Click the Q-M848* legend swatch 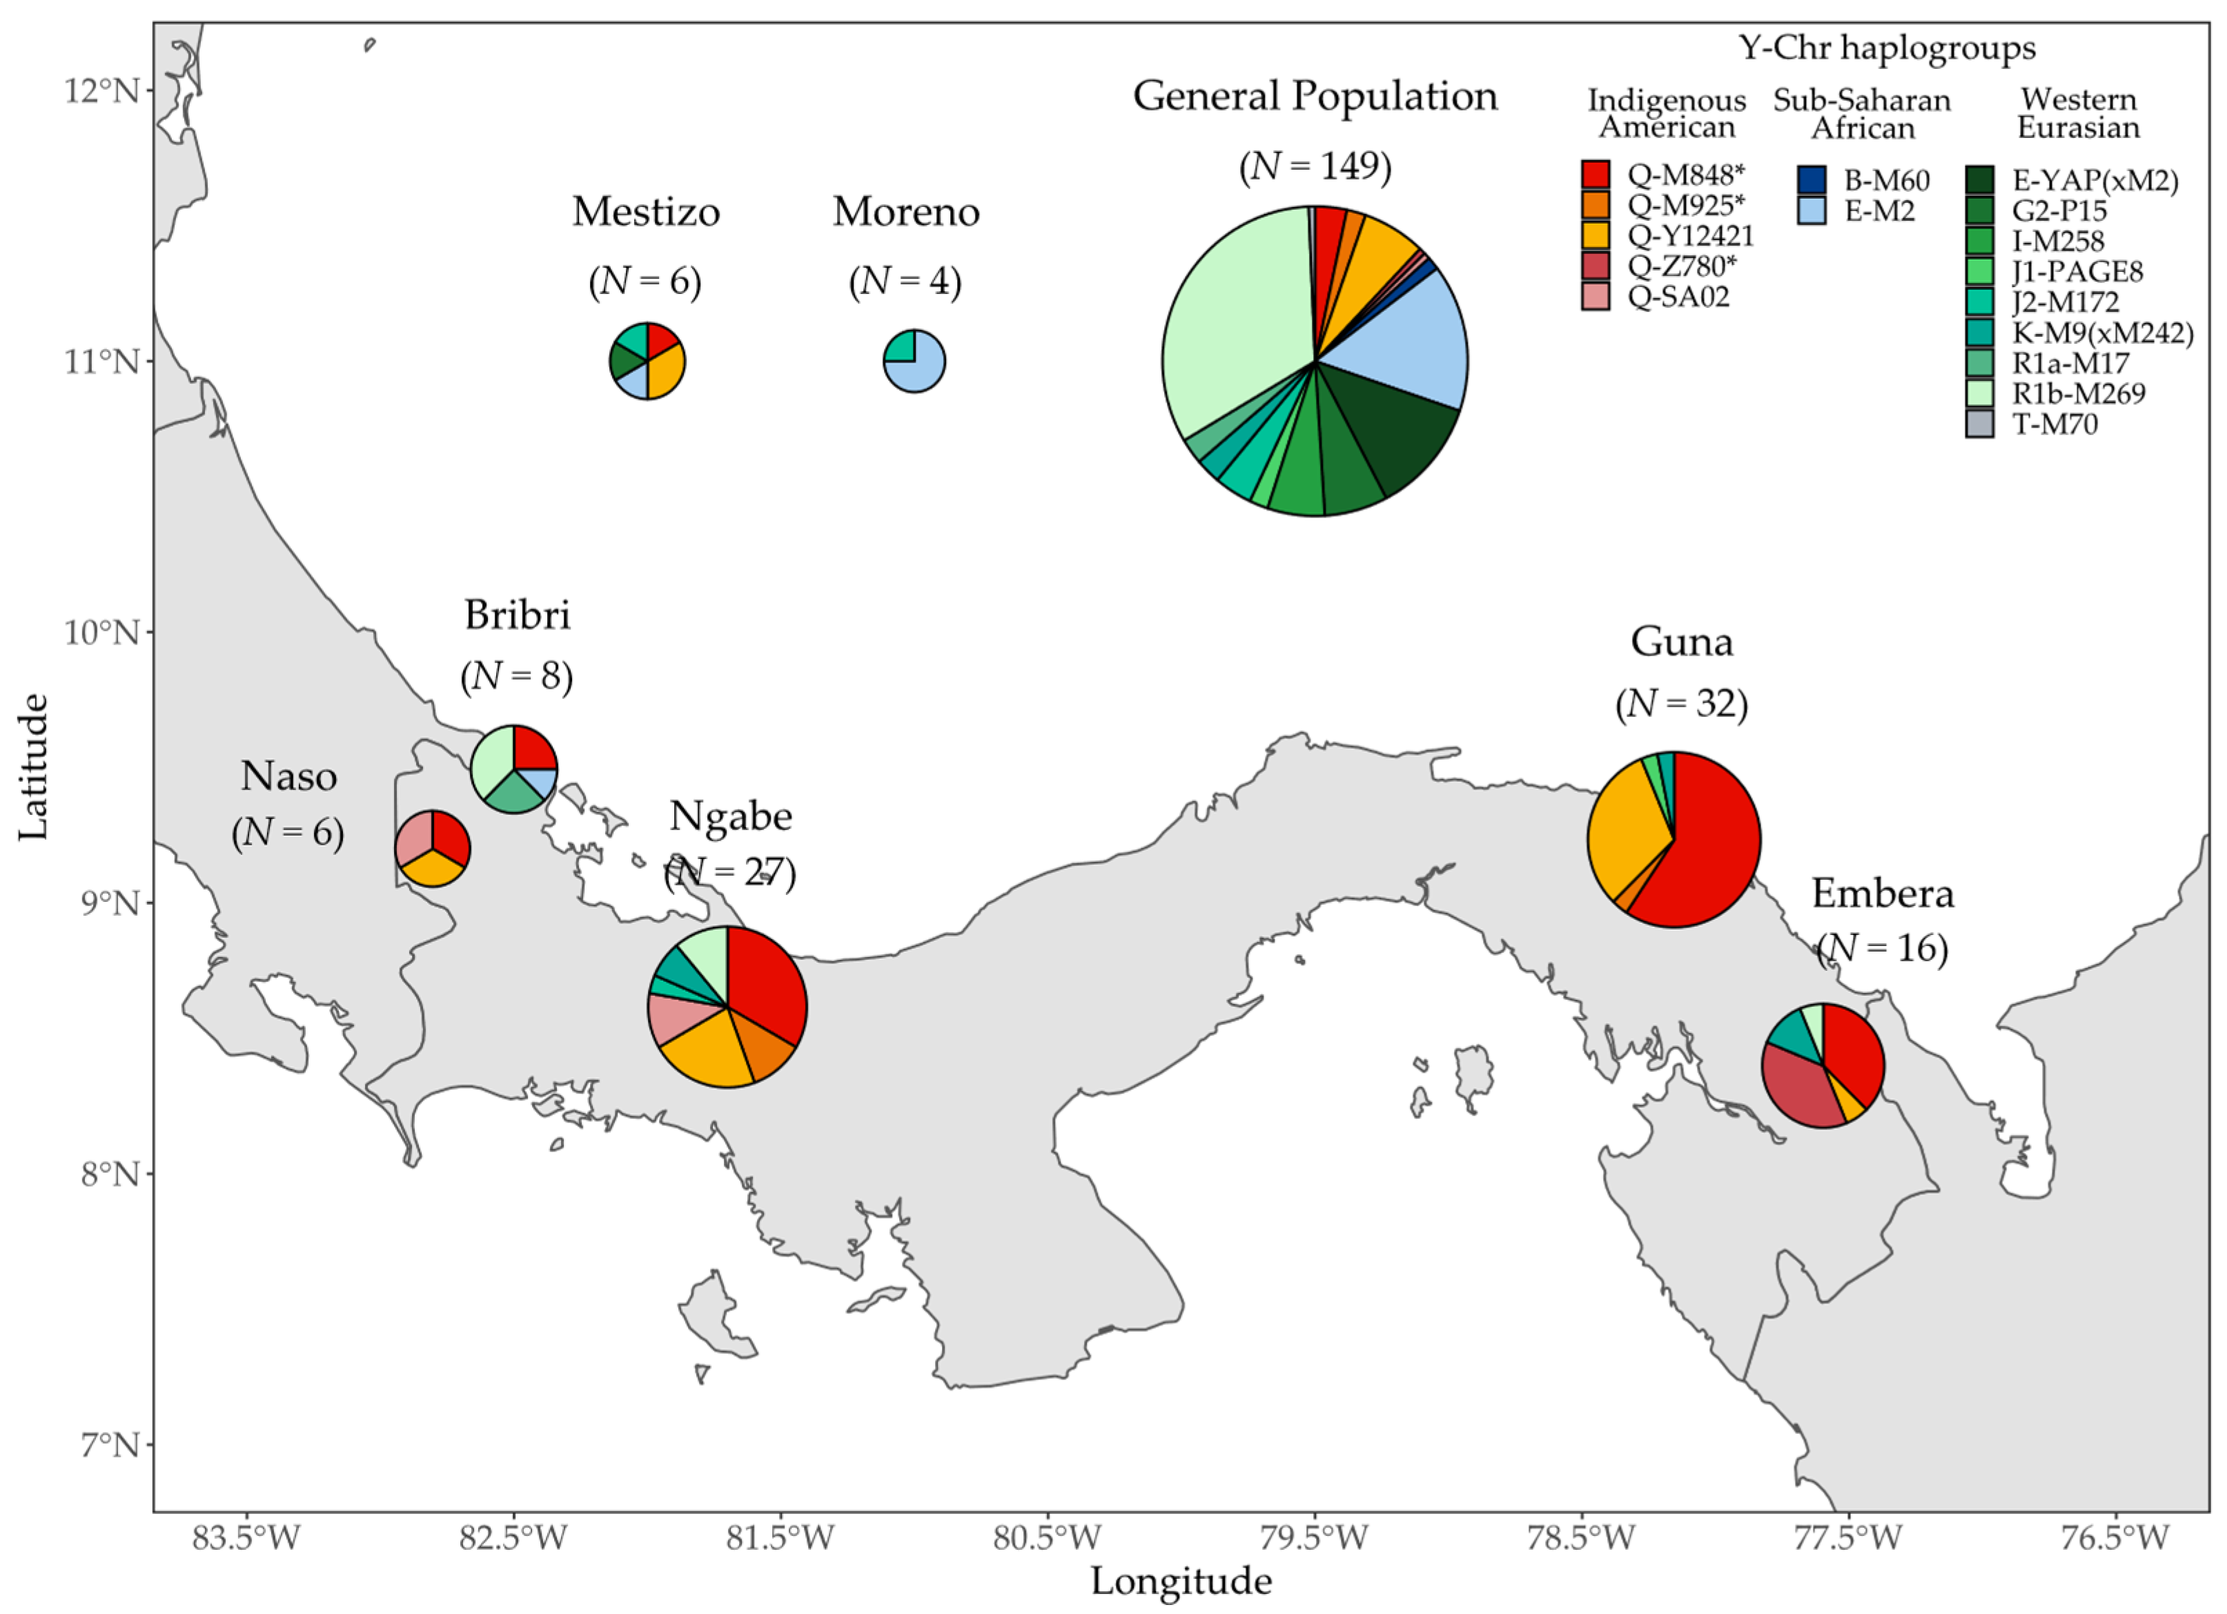(1596, 175)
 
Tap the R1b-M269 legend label (2079, 394)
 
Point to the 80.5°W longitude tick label (1048, 1537)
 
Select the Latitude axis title (32, 767)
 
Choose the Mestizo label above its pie (646, 212)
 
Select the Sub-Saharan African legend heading (1862, 114)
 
